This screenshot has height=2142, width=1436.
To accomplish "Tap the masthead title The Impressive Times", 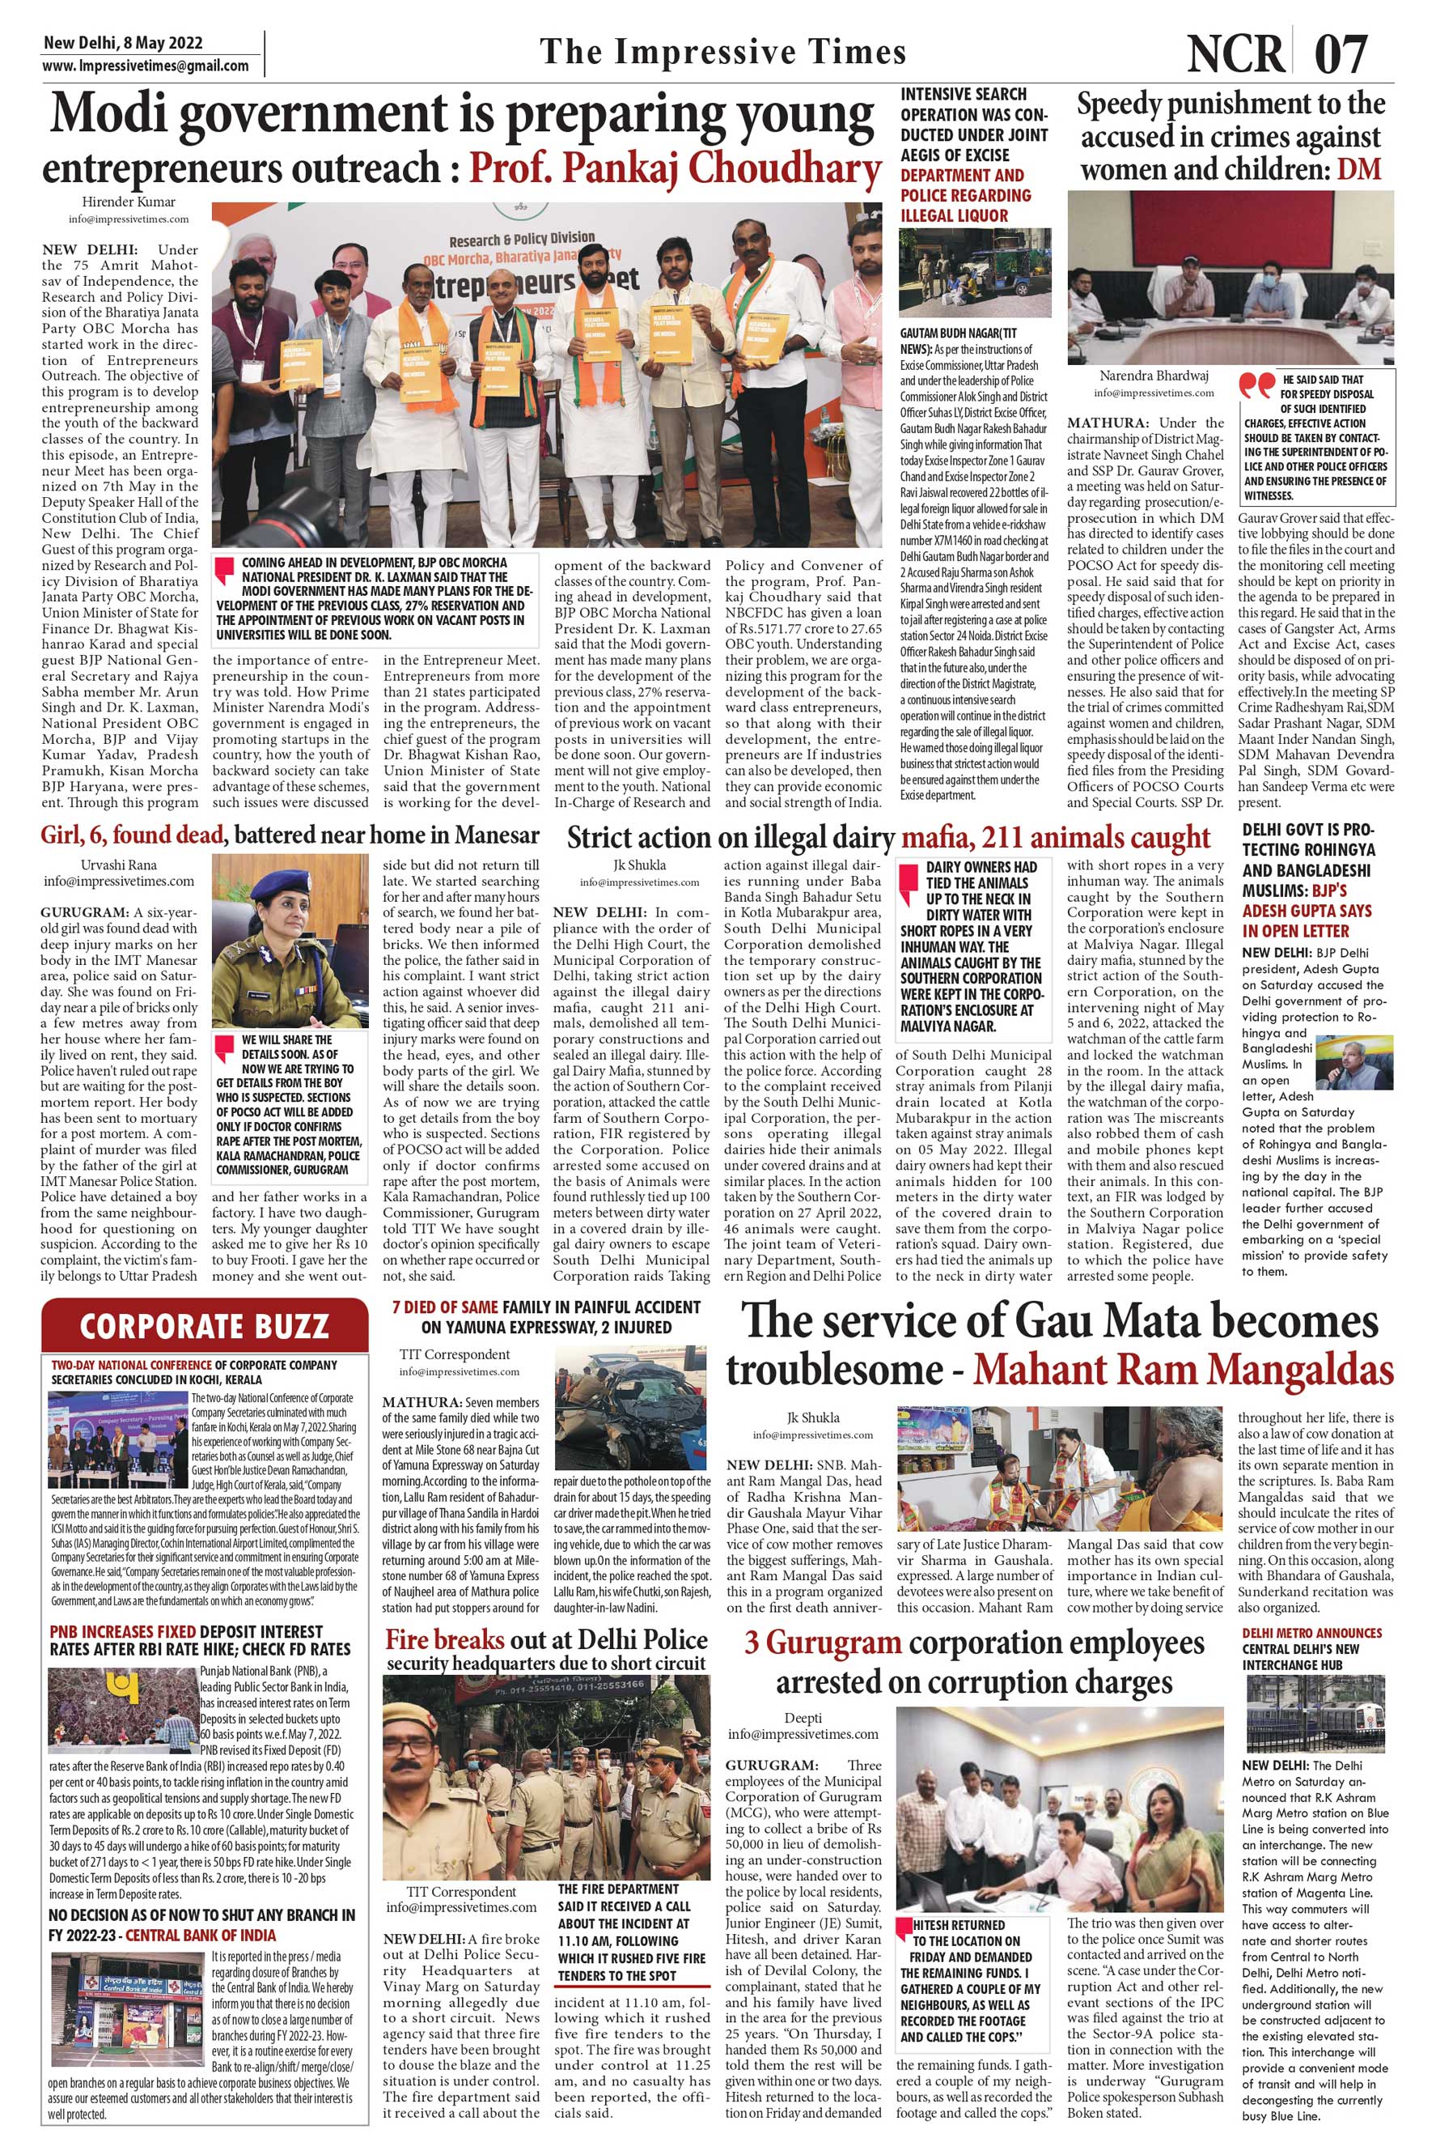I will pos(722,53).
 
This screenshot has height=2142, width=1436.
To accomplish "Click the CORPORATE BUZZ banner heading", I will pos(203,1326).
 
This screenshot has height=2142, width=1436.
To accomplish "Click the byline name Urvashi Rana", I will pos(119,863).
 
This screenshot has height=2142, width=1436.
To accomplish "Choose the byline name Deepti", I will pos(803,1716).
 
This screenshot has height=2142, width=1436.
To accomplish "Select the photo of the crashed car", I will pos(633,1410).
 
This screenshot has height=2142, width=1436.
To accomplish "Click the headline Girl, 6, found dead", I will pos(132,835).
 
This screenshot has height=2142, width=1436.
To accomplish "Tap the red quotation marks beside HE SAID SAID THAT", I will pos(1256,385).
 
